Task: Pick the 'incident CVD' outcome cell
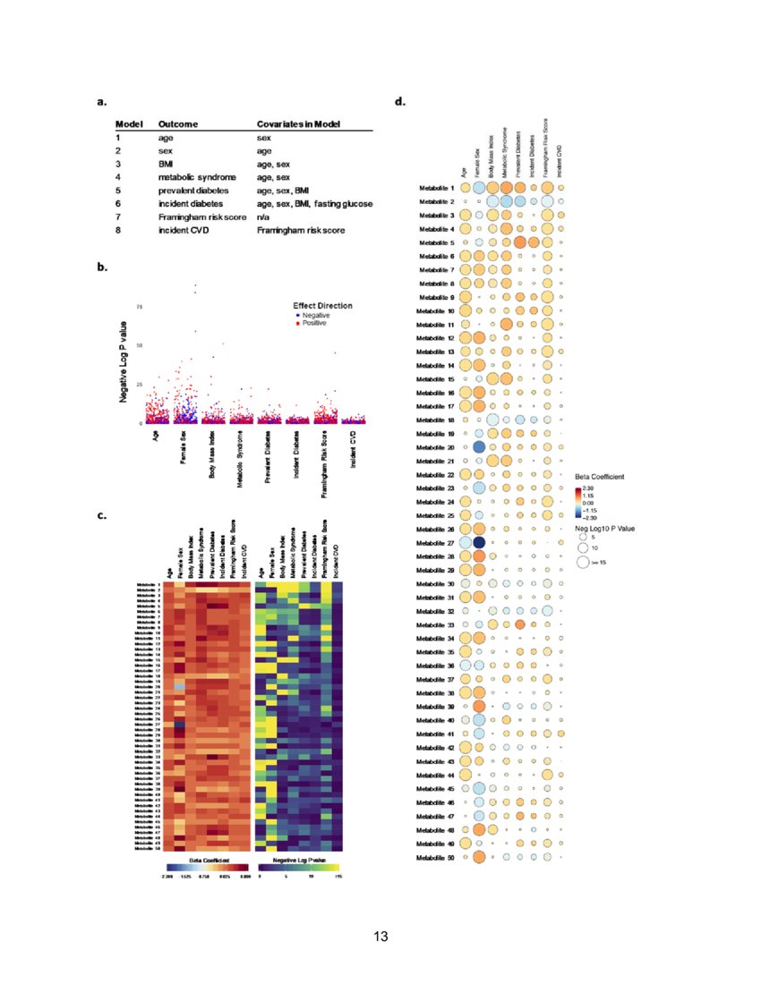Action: pyautogui.click(x=187, y=231)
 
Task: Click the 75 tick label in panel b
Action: pyautogui.click(x=139, y=307)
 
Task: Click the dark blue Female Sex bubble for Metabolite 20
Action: pyautogui.click(x=478, y=446)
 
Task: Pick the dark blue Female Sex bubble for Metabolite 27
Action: pyautogui.click(x=478, y=542)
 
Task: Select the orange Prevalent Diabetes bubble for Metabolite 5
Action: pyautogui.click(x=519, y=242)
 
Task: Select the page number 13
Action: pyautogui.click(x=380, y=937)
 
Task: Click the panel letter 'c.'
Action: pyautogui.click(x=102, y=516)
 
